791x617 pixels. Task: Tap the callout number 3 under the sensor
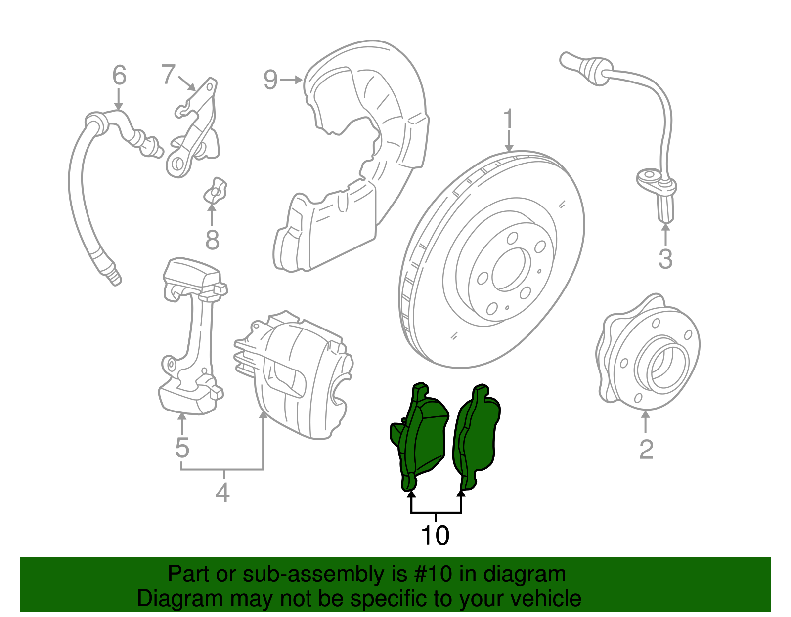pos(665,259)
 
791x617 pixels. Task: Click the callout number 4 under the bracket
pos(222,493)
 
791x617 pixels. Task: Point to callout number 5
pos(182,448)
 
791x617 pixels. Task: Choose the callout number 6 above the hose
pos(119,76)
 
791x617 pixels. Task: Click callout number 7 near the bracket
pos(169,75)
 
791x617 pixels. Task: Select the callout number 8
pos(212,241)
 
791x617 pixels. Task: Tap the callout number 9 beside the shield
pos(270,80)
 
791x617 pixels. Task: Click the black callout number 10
pos(435,535)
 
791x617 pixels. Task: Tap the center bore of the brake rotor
pos(508,269)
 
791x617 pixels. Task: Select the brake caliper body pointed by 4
pos(297,375)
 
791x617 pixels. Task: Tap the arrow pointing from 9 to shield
pos(291,80)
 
